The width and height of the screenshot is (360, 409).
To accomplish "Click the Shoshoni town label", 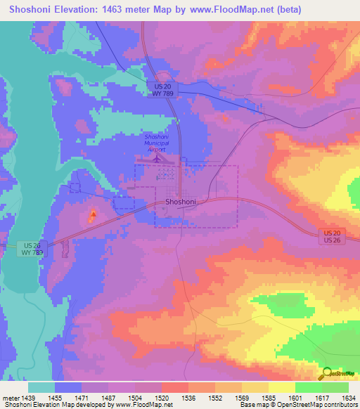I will (180, 202).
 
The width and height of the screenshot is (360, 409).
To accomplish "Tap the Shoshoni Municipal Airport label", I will (156, 143).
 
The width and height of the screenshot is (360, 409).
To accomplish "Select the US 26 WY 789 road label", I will (30, 248).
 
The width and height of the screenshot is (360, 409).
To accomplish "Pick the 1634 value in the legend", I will (347, 397).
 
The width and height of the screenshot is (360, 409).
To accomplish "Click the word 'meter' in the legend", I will (11, 397).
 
